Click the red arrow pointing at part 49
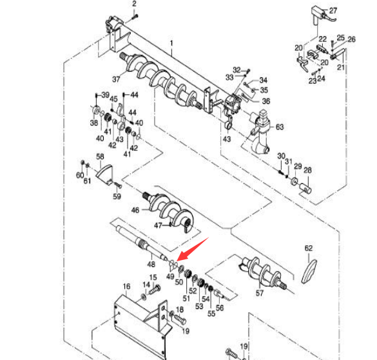pos(193,249)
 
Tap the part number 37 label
pos(116,79)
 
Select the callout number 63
pos(280,127)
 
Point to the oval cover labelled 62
pos(309,272)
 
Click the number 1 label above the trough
pos(171,43)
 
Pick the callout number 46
pos(135,210)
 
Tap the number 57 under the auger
pos(260,293)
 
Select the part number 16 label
pos(126,286)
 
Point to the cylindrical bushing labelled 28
pos(305,188)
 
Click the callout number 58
pos(100,157)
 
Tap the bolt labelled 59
pos(118,186)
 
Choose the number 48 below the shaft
pos(151,265)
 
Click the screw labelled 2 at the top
pos(135,17)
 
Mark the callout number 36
pos(266,101)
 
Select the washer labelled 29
pos(294,181)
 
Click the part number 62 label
pos(309,248)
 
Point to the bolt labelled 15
pos(155,290)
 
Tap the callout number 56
pos(220,308)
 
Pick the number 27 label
pos(333,11)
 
